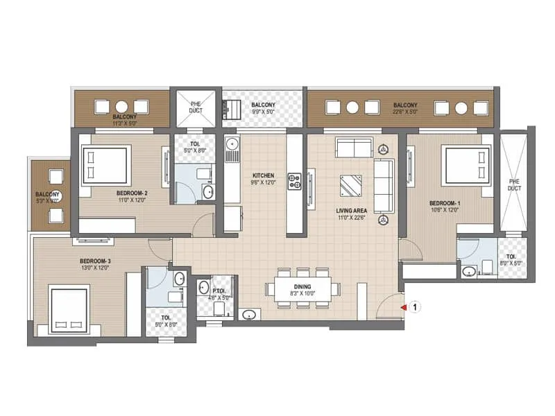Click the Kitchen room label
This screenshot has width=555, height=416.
264,175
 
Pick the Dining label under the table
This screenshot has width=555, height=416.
302,286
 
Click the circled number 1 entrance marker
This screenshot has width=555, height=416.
413,305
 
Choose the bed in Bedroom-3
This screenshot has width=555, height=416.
69,309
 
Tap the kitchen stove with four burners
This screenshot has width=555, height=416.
295,182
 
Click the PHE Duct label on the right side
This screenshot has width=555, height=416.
513,184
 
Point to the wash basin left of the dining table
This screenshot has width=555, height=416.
249,314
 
